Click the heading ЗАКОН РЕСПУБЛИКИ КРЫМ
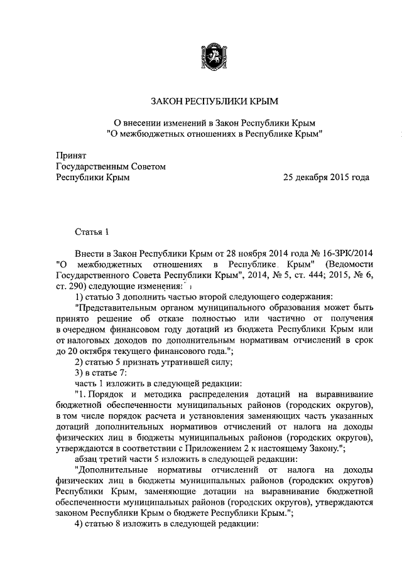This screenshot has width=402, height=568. click(214, 100)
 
